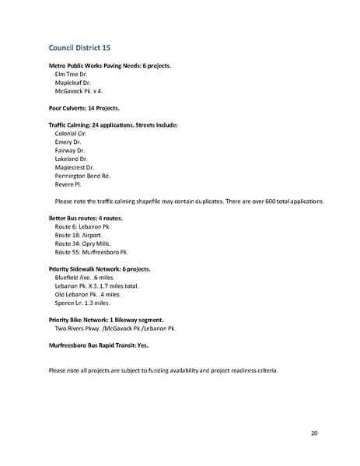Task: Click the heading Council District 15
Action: coord(79,47)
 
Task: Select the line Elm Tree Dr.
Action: coord(72,74)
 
